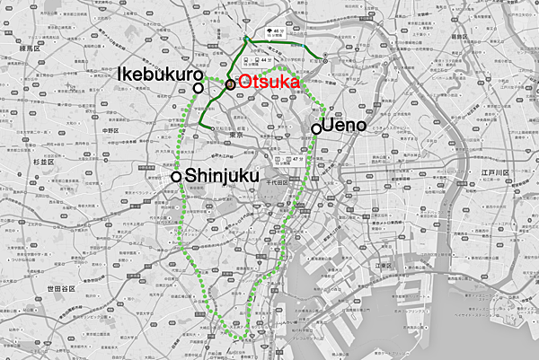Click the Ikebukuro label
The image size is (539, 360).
157,78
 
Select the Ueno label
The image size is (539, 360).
345,126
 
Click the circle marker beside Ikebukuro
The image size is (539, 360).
199,88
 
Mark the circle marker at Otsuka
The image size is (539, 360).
231,83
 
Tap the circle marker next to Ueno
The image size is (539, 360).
316,129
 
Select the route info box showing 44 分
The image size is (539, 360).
264,56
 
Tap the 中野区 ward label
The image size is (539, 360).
111,131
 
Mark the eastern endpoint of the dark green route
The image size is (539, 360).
325,63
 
